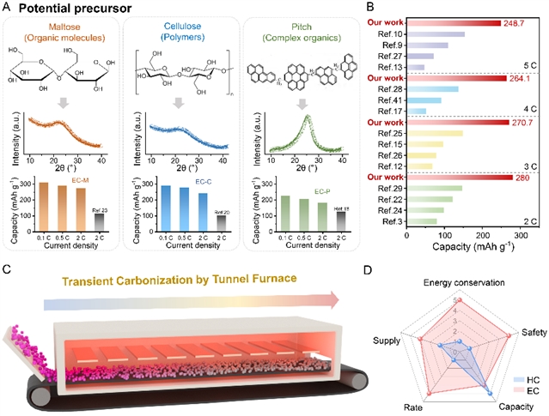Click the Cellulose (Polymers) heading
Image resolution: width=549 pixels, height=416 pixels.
tap(178, 35)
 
